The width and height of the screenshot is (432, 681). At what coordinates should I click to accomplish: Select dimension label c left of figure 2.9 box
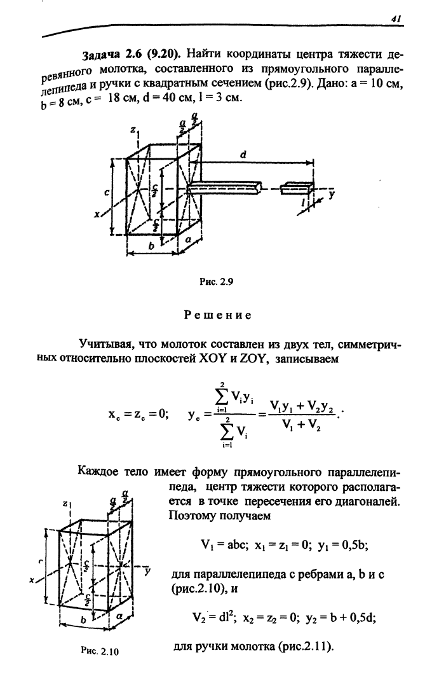click(107, 191)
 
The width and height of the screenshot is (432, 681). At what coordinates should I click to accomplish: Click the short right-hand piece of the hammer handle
click(298, 188)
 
